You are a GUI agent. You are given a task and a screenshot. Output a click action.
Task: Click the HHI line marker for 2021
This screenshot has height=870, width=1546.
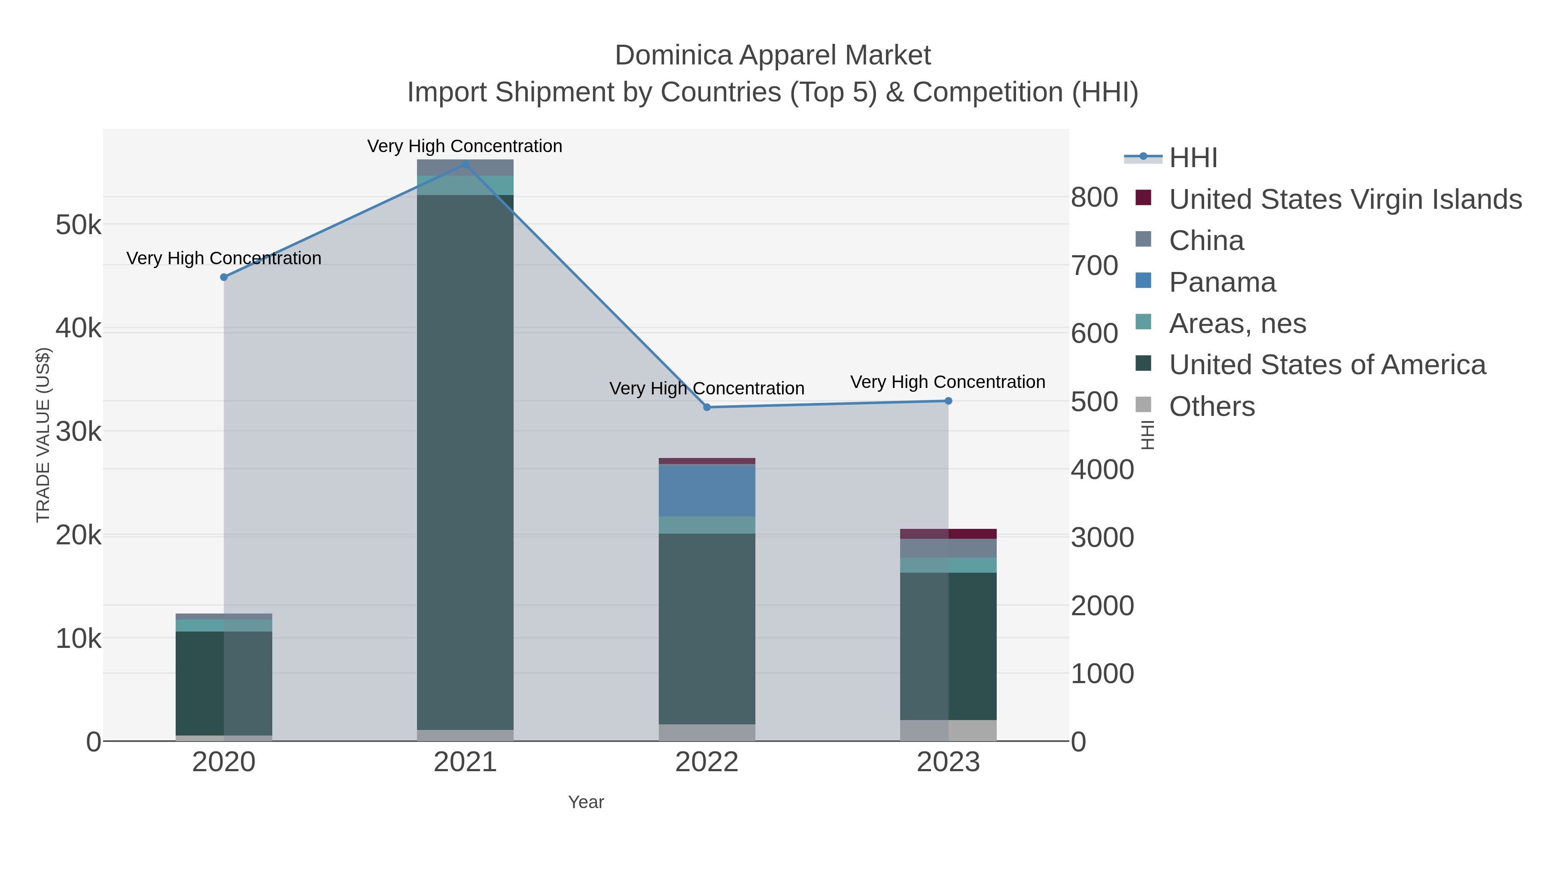[x=465, y=165]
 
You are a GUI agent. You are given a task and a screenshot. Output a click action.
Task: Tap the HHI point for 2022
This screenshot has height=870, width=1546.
[x=706, y=407]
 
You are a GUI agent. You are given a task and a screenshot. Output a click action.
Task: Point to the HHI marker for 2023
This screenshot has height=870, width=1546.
[x=948, y=400]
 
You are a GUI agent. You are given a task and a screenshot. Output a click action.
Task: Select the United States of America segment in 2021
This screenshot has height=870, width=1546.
[x=465, y=462]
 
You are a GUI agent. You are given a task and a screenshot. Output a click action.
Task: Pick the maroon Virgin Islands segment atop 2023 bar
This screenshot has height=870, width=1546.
[x=948, y=534]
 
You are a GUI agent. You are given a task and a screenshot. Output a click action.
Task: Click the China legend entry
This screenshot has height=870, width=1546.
[x=1206, y=241]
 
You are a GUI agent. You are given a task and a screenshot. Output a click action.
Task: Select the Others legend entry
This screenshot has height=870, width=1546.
[x=1212, y=406]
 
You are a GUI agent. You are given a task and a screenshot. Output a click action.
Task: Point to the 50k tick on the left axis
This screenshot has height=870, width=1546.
[x=79, y=226]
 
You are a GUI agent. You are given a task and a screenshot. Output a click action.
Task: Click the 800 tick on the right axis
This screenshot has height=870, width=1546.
[x=1094, y=198]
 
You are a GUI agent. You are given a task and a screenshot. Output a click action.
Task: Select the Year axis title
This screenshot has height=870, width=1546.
[x=586, y=802]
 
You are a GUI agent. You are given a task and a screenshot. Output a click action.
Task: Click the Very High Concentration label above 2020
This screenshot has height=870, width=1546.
[x=224, y=258]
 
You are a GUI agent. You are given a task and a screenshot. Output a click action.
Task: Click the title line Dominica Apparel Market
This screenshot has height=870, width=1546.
[x=773, y=55]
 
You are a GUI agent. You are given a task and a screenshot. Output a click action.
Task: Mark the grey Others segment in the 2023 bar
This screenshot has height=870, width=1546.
[x=948, y=730]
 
